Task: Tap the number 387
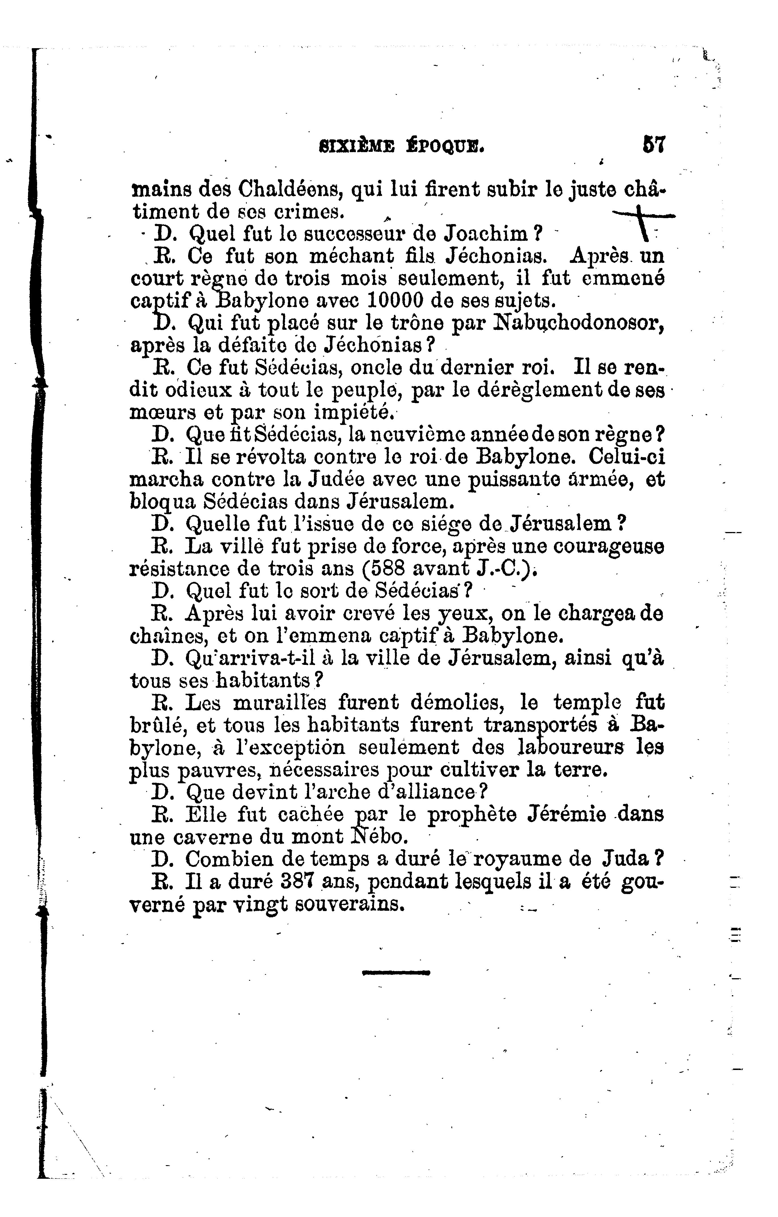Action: (298, 882)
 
